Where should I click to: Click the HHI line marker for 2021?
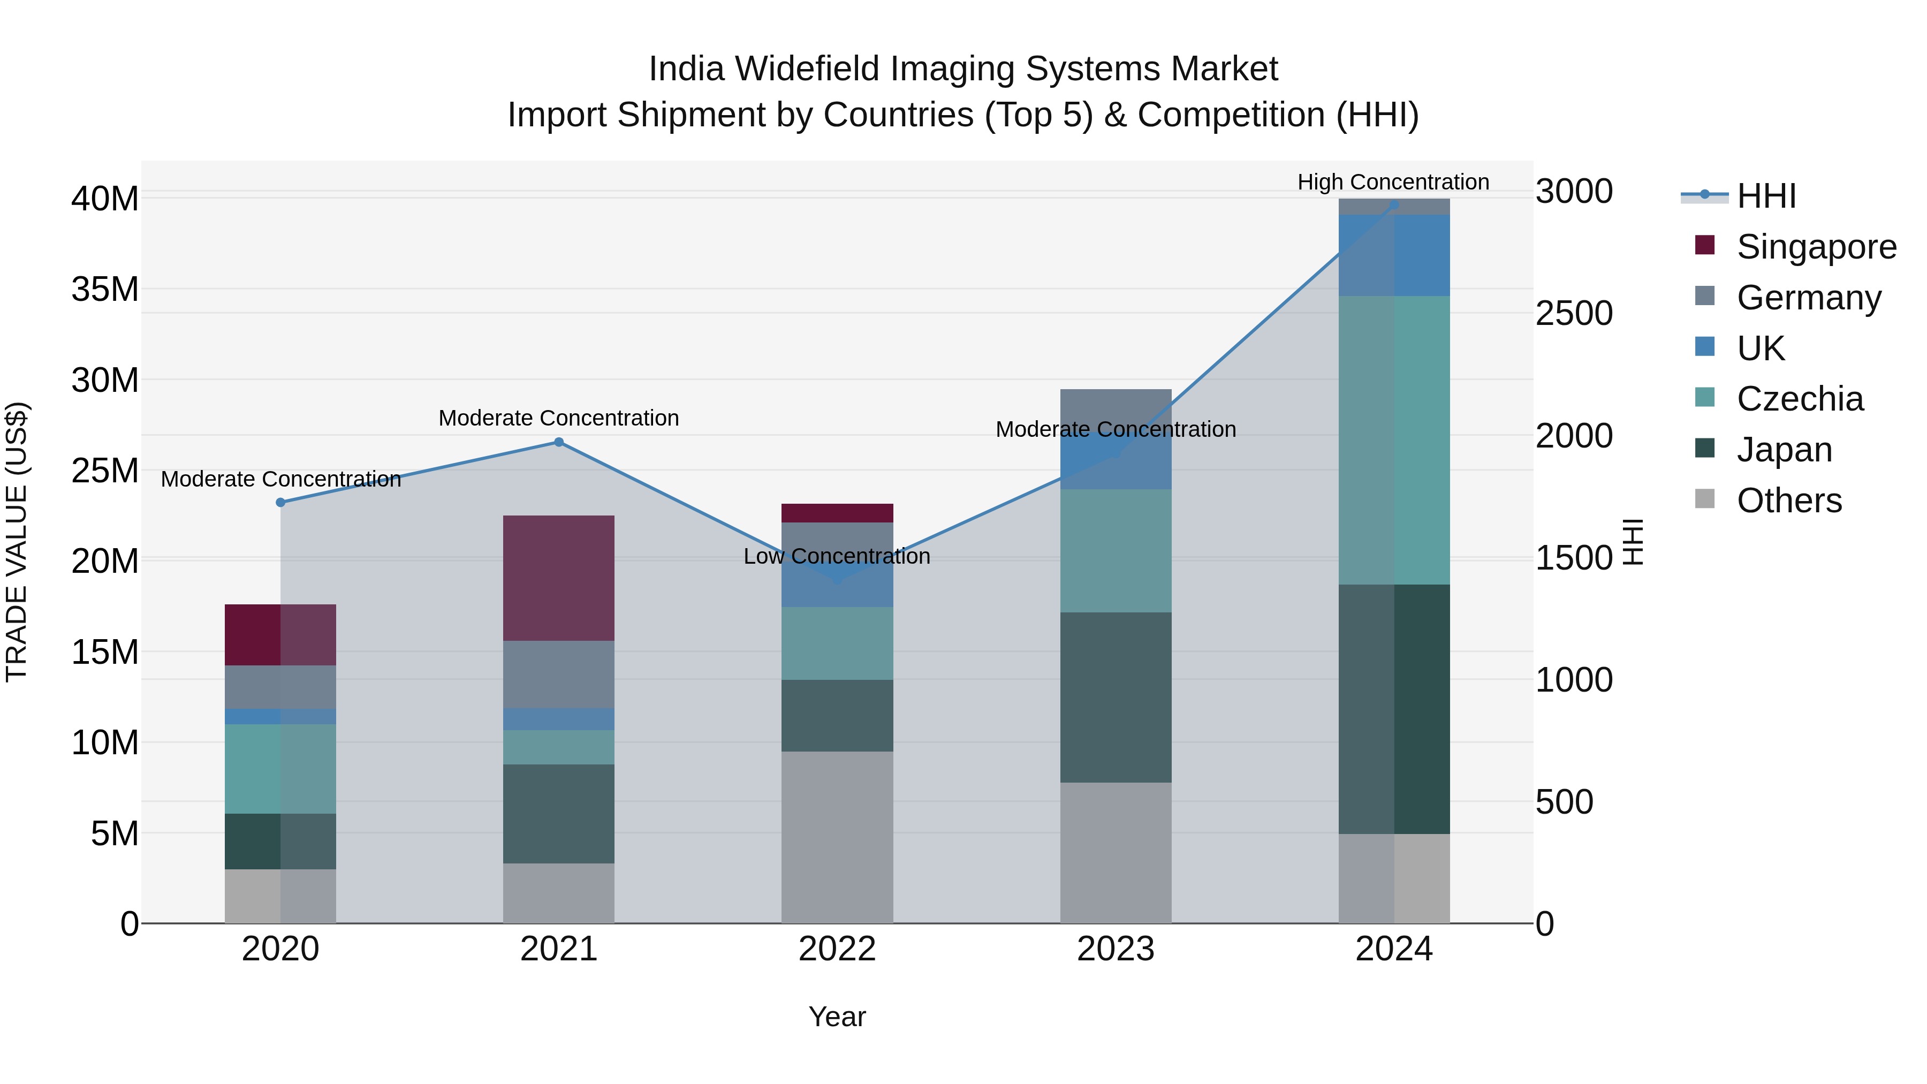(x=558, y=442)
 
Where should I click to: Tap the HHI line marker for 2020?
(x=280, y=503)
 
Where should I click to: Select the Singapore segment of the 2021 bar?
(x=558, y=578)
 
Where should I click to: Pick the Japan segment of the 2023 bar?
(x=1116, y=697)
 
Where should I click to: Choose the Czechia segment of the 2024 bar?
(x=1394, y=440)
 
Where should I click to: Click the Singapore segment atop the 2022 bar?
(x=837, y=513)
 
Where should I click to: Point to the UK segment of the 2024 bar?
(x=1394, y=255)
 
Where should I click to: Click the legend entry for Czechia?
(x=1799, y=399)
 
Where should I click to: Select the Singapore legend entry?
(x=1816, y=247)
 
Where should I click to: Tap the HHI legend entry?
(x=1765, y=196)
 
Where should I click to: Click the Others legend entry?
(x=1788, y=501)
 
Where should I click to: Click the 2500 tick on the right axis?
(x=1574, y=314)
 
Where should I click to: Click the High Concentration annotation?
(x=1393, y=183)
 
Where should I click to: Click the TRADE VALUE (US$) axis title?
(x=17, y=542)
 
